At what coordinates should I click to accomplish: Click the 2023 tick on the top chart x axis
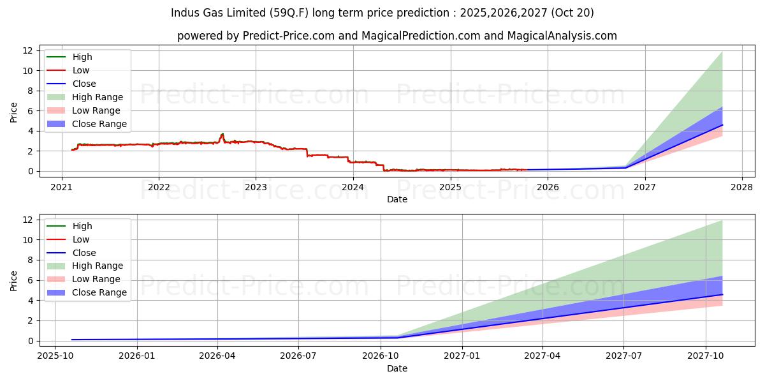[256, 187]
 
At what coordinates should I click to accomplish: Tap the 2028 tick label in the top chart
[741, 187]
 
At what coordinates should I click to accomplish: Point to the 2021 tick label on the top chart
[61, 187]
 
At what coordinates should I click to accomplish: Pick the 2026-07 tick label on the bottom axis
[299, 357]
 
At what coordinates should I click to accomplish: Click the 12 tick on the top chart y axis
[27, 50]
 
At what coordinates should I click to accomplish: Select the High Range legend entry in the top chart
[98, 97]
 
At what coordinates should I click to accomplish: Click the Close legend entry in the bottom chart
[84, 253]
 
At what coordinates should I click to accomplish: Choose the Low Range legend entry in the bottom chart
[96, 279]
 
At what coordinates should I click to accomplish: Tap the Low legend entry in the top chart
[81, 70]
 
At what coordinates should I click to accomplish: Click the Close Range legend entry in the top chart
[99, 124]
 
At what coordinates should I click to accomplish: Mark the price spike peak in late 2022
[222, 134]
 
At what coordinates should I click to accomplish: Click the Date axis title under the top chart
[397, 199]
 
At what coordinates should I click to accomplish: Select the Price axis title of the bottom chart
[14, 280]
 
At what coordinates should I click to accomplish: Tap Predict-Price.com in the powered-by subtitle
[288, 36]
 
